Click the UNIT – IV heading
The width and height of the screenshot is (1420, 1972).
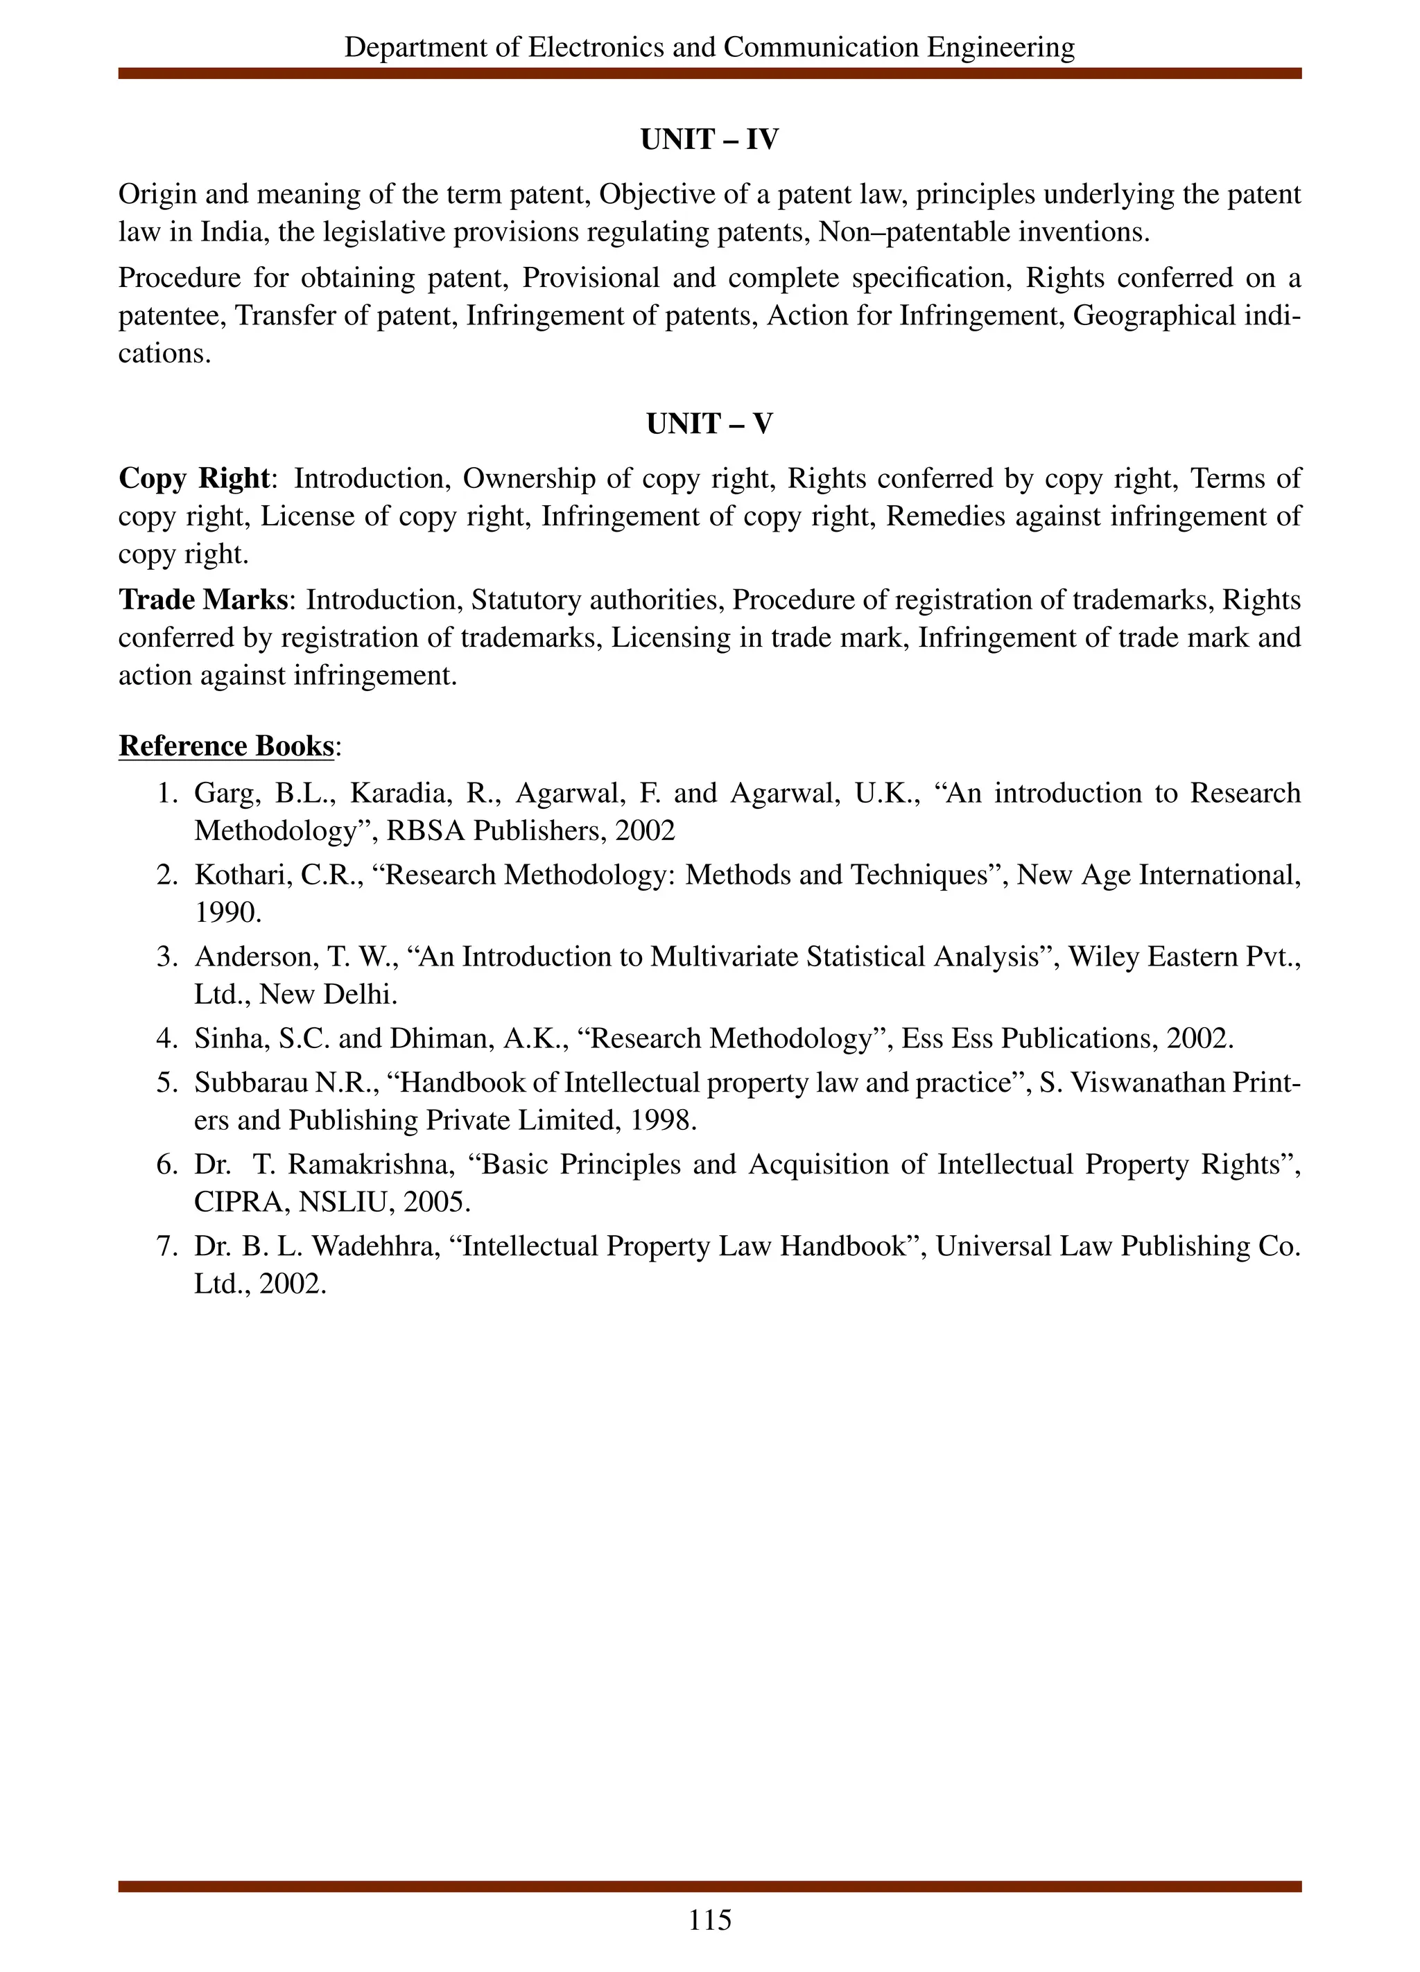pos(709,140)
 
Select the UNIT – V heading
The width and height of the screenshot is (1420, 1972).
pos(709,424)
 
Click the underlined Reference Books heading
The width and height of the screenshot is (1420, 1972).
pos(226,746)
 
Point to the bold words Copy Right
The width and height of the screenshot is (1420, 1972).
pos(193,478)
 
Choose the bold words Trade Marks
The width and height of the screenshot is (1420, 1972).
pos(202,600)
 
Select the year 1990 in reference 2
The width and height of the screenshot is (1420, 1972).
pos(225,912)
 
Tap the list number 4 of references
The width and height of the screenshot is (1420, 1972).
pos(165,1038)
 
